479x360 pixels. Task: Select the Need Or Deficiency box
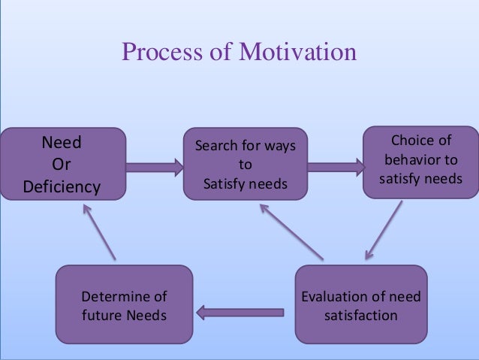62,164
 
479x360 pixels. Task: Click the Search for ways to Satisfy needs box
246,164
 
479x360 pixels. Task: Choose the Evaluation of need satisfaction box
360,304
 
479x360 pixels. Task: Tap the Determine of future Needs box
124,304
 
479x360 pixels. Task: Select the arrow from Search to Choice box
335,165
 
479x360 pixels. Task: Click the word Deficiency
62,186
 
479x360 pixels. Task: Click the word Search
215,145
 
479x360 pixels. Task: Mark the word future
100,314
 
